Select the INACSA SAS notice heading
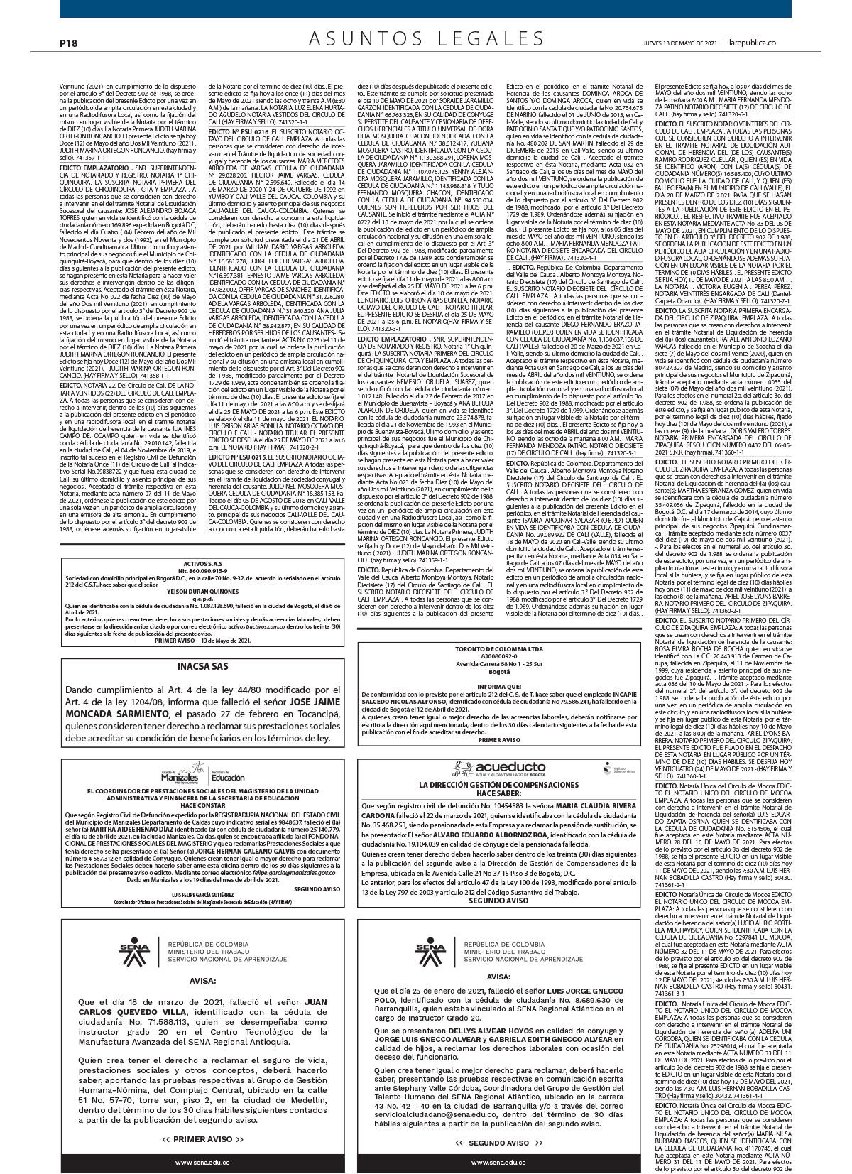203,667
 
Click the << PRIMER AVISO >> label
202,1138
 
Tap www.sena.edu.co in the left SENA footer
202,1162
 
